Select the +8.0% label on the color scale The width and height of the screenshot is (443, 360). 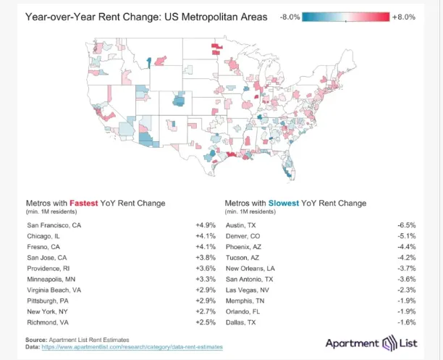click(404, 16)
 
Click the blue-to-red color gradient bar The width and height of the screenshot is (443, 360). click(346, 16)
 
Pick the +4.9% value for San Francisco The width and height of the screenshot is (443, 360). click(205, 225)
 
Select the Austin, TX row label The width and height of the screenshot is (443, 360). click(242, 225)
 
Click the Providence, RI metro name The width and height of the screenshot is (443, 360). click(51, 268)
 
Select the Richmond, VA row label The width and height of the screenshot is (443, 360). click(48, 321)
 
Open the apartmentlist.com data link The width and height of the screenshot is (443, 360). click(133, 348)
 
